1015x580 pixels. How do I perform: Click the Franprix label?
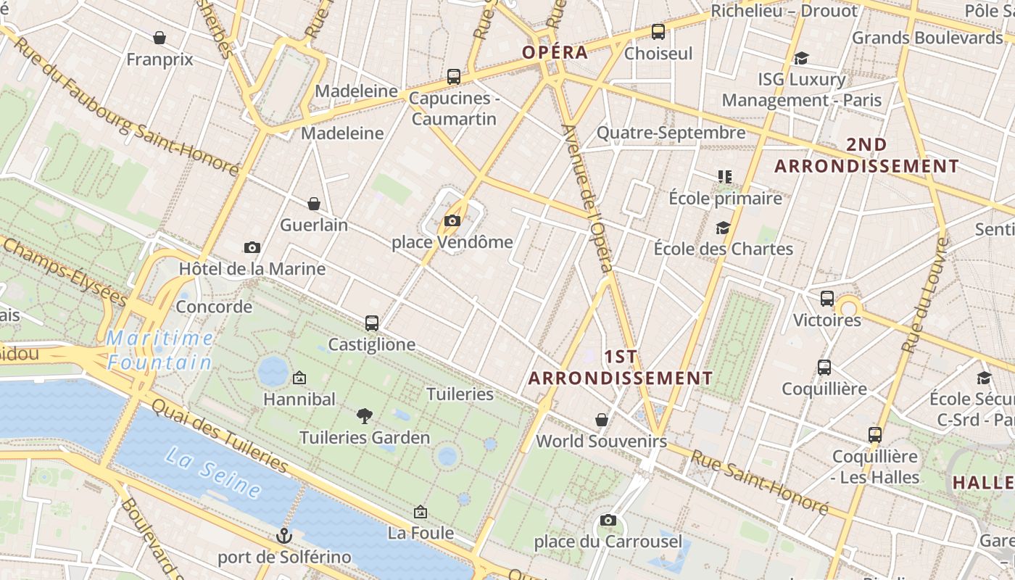[159, 59]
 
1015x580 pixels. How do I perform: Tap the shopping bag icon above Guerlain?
[314, 204]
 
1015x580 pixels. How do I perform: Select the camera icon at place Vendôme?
[452, 220]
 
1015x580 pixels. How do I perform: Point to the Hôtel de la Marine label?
[252, 269]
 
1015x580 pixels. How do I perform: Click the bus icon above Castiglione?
[372, 323]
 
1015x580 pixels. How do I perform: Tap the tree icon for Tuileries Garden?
[365, 415]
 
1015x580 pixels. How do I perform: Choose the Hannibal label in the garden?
[299, 399]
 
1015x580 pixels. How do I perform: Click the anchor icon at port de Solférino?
[284, 536]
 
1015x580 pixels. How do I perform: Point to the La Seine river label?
[213, 473]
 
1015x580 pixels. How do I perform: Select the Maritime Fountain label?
[160, 350]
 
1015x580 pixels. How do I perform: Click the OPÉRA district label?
[555, 52]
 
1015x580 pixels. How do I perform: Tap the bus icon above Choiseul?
[658, 32]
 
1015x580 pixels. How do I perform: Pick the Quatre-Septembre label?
[671, 133]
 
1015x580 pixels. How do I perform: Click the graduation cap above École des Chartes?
[723, 228]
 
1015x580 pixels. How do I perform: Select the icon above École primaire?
[724, 176]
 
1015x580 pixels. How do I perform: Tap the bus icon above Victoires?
[827, 298]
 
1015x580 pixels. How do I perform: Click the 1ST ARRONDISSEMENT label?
[621, 368]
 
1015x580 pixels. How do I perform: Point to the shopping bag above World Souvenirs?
[601, 419]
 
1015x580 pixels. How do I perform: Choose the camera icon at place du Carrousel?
[608, 520]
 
